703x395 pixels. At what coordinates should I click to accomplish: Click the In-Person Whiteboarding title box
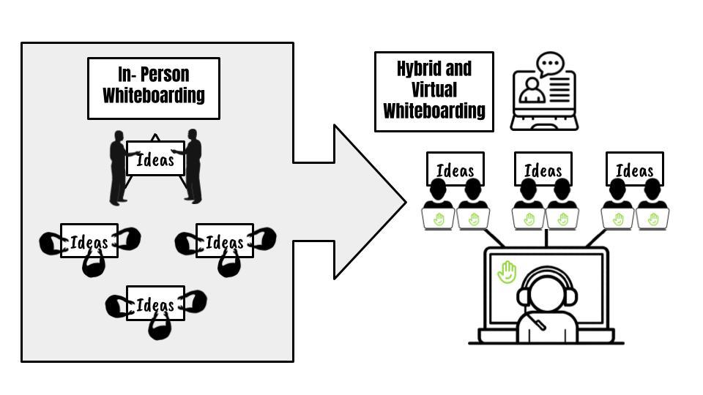(x=154, y=88)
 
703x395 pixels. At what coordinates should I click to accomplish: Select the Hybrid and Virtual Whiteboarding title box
(x=434, y=91)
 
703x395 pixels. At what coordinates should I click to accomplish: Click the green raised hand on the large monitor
(x=507, y=273)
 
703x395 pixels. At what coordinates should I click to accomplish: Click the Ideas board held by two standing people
(x=155, y=159)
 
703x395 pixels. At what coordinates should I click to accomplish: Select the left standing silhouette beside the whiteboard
(x=118, y=168)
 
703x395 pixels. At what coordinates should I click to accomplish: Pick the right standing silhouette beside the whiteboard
(x=193, y=167)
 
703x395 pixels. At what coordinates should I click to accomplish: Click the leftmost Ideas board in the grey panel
(x=89, y=241)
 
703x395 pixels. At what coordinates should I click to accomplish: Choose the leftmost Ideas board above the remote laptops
(x=455, y=170)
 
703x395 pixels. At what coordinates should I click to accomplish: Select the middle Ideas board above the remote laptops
(x=543, y=170)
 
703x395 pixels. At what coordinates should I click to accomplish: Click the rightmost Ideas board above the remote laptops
(x=634, y=170)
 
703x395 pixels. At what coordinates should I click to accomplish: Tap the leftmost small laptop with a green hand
(x=439, y=219)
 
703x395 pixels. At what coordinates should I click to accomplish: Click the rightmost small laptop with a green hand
(x=652, y=219)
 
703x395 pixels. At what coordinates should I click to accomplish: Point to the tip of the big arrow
(x=405, y=202)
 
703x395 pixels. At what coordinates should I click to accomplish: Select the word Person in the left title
(x=165, y=75)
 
